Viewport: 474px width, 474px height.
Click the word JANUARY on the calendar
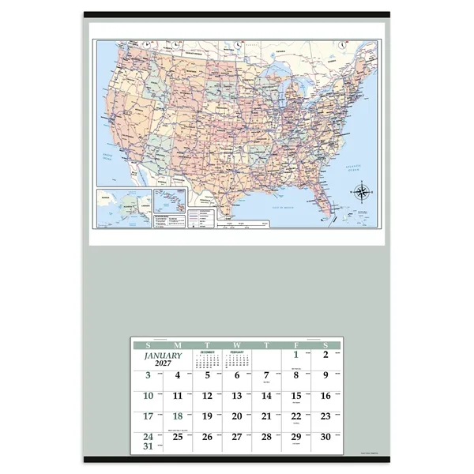(163, 355)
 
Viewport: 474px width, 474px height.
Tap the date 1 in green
(296, 355)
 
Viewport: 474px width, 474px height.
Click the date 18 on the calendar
(178, 416)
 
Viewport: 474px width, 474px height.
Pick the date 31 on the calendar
(148, 446)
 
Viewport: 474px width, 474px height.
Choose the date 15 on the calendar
(296, 396)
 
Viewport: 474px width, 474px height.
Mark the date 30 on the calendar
(325, 436)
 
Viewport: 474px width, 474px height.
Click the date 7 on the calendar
(266, 375)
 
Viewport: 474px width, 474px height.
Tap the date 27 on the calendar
(237, 436)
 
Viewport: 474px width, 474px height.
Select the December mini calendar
(207, 359)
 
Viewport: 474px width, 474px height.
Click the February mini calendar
(237, 359)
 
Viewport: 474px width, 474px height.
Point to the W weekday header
(237, 345)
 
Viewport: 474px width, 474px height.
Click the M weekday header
(178, 345)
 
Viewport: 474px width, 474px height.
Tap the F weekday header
(296, 345)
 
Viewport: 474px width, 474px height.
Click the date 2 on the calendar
(325, 355)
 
